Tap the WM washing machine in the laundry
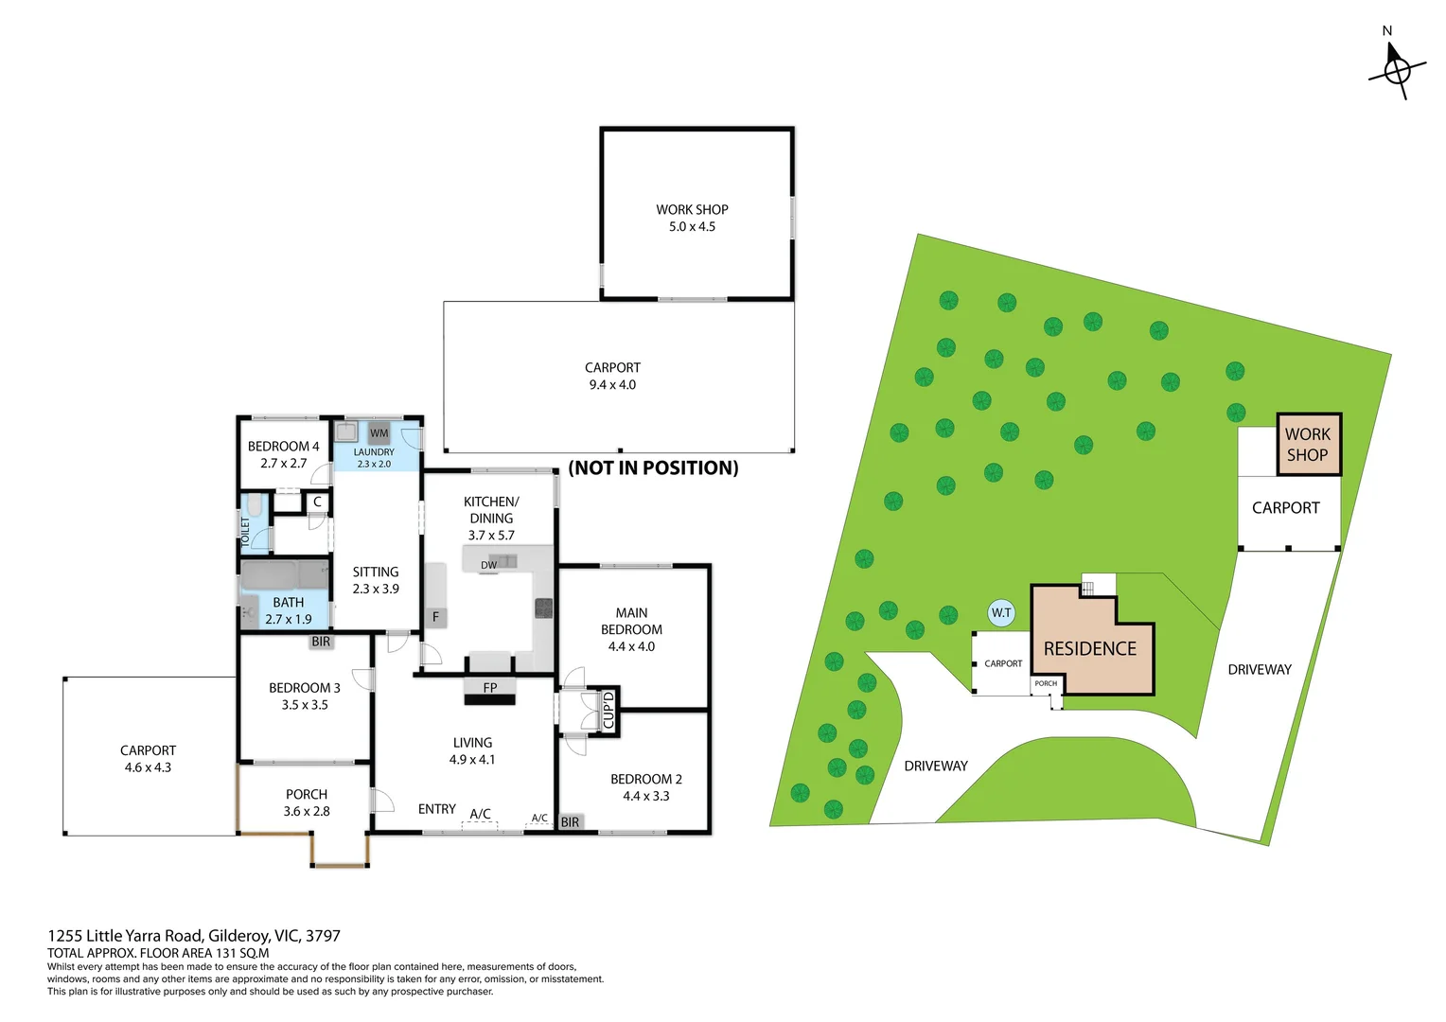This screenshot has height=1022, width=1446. click(x=379, y=432)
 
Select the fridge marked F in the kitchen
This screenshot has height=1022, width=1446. click(x=435, y=617)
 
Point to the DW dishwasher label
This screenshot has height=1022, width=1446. click(x=488, y=565)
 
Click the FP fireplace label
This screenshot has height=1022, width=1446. click(x=490, y=688)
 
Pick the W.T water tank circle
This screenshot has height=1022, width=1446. click(x=1001, y=612)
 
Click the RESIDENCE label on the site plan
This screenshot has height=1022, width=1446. click(x=1089, y=649)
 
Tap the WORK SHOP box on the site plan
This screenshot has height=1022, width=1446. click(x=1309, y=445)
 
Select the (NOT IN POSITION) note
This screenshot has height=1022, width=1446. click(x=653, y=467)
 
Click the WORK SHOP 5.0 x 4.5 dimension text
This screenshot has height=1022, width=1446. click(x=692, y=226)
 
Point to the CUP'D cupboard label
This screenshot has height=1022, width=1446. click(x=608, y=711)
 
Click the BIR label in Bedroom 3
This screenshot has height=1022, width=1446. click(x=321, y=641)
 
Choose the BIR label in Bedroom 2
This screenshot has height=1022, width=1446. click(x=570, y=822)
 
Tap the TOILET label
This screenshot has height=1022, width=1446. click(x=245, y=532)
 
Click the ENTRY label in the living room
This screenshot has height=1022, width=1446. click(x=437, y=809)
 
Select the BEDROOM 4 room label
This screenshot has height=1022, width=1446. click(x=283, y=446)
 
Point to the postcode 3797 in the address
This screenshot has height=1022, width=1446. click(x=323, y=936)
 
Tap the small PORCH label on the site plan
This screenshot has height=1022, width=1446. click(x=1046, y=683)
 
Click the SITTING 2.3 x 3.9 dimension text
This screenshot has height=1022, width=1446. click(x=376, y=589)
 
